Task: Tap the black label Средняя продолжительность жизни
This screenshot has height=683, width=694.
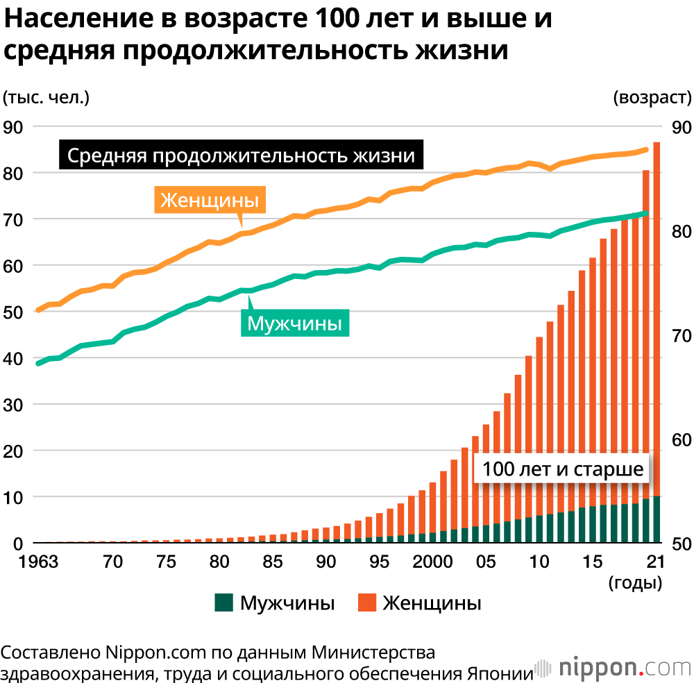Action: pyautogui.click(x=242, y=155)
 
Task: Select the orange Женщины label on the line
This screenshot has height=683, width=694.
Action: pyautogui.click(x=209, y=200)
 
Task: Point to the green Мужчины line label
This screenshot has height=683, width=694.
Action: pyautogui.click(x=295, y=323)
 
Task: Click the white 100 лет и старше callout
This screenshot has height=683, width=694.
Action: pyautogui.click(x=563, y=469)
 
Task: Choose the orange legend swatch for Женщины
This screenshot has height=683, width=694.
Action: pyautogui.click(x=366, y=602)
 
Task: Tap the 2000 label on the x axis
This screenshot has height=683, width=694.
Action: pyautogui.click(x=430, y=562)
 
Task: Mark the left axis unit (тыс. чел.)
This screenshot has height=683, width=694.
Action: pyautogui.click(x=46, y=97)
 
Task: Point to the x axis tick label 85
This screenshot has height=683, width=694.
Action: pyautogui.click(x=272, y=562)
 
